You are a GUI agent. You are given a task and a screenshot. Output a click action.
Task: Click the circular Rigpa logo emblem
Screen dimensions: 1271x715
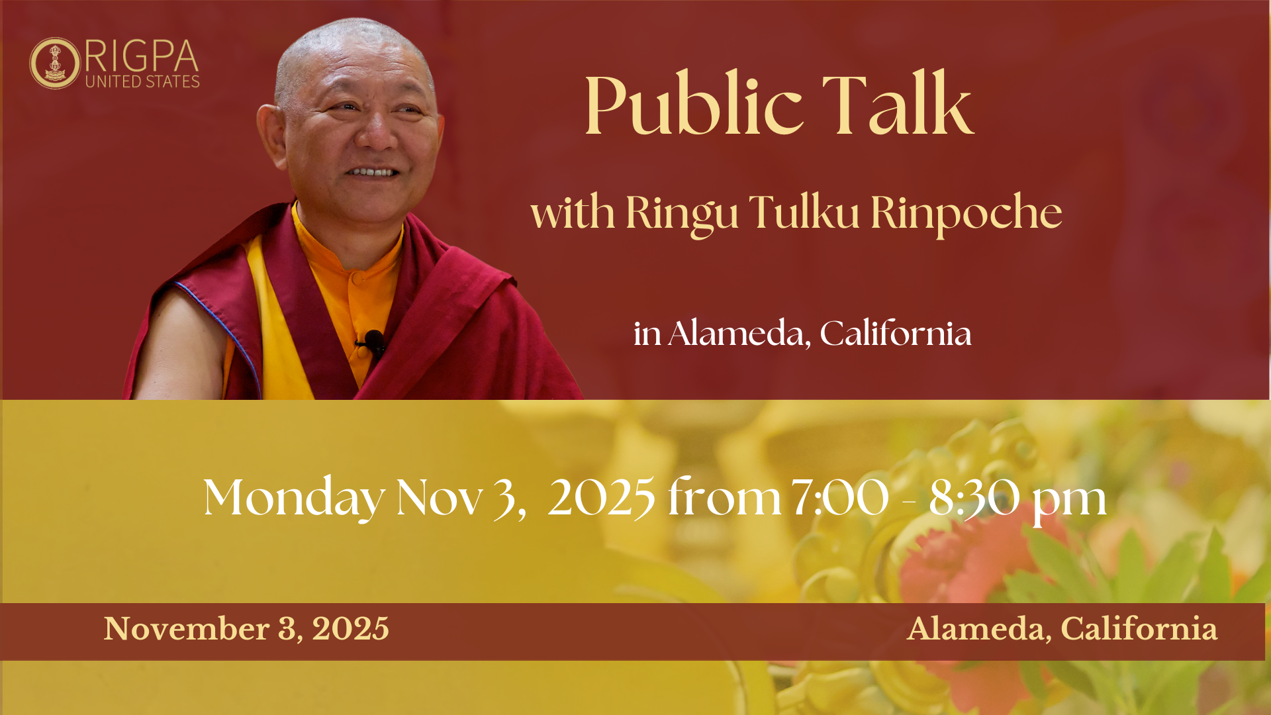55,63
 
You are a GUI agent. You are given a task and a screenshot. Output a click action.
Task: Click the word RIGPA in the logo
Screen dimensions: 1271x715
142,56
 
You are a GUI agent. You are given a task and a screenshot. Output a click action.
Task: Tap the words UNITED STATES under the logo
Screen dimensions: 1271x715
142,81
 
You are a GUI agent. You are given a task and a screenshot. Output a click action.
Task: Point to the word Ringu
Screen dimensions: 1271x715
682,214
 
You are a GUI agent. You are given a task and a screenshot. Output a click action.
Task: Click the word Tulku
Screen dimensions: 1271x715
804,212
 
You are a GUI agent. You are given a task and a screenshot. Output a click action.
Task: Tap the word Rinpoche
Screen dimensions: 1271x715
966,214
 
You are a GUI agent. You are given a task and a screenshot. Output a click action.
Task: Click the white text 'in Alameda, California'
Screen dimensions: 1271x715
802,333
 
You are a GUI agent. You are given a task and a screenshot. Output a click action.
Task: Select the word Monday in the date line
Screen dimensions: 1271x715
294,497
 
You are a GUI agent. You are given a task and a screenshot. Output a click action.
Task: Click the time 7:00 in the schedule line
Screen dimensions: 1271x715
840,497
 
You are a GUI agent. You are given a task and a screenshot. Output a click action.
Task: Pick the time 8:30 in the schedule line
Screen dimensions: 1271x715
974,497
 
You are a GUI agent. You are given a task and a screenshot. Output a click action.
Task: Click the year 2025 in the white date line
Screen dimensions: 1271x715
601,497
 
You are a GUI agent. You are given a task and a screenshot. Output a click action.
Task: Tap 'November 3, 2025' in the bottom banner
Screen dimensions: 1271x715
246,629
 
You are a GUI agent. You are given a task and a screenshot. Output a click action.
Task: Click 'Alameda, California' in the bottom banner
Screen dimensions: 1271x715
1062,629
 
